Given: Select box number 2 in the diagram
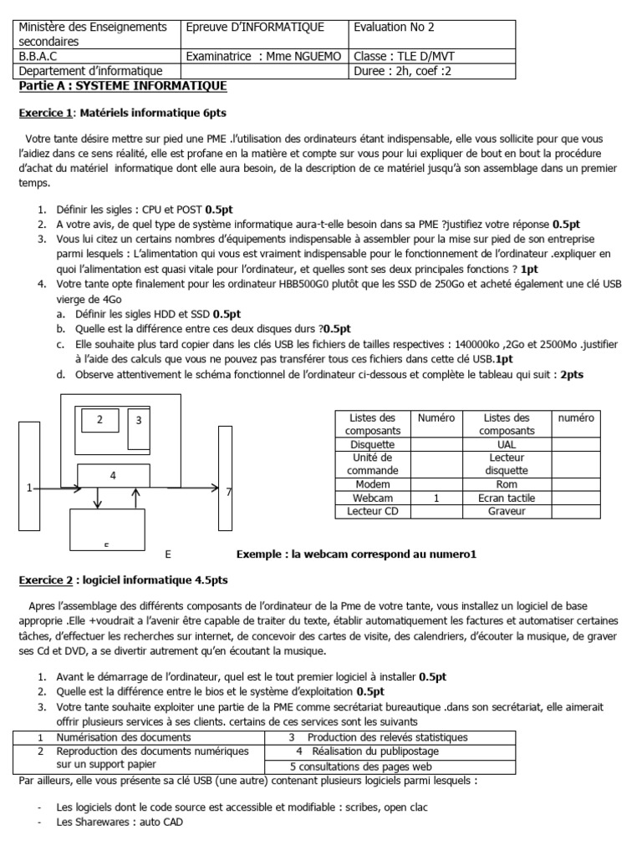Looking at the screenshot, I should (99, 419).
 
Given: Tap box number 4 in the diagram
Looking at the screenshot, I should (113, 475).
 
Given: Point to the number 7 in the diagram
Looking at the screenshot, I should (229, 493).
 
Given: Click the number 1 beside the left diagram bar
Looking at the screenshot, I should (30, 488).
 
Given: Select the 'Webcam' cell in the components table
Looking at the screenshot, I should (373, 498).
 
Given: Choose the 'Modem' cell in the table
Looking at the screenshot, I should (373, 484).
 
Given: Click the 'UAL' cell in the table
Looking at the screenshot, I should (507, 445).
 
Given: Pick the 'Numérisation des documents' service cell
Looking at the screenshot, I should (124, 737).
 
